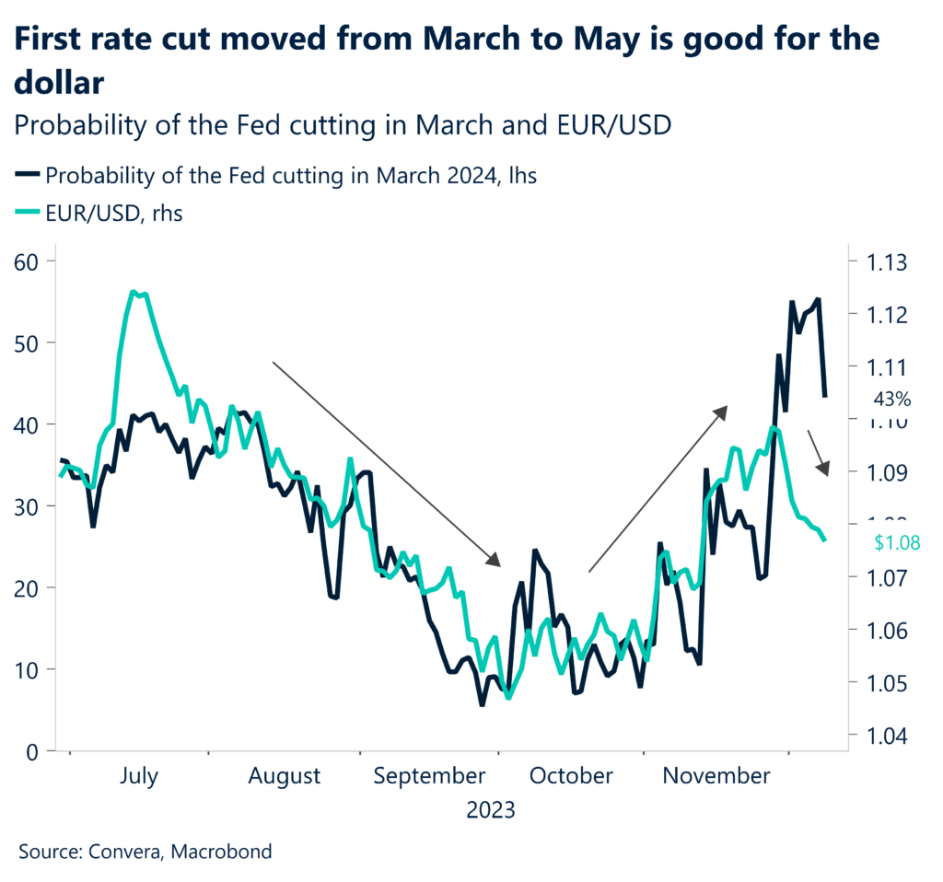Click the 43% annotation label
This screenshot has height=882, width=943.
(891, 400)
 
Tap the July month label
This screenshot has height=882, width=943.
(139, 776)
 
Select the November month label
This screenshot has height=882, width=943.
(716, 776)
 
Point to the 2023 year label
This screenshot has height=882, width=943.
(491, 811)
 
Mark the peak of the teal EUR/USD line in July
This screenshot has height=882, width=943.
(135, 293)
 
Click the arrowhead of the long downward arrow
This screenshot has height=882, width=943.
(495, 560)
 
